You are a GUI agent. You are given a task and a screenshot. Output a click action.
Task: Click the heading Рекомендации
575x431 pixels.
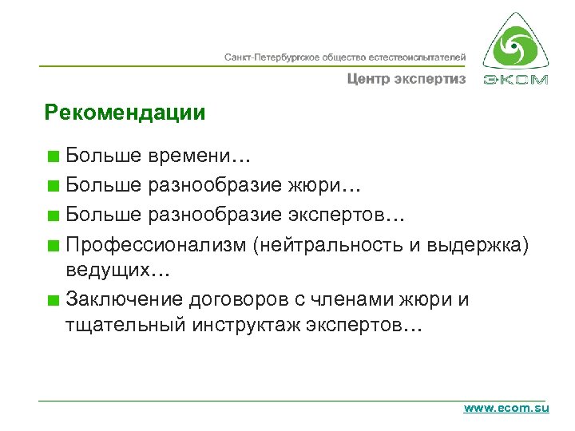(125, 113)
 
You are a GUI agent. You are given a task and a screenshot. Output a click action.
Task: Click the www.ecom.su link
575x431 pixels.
(506, 408)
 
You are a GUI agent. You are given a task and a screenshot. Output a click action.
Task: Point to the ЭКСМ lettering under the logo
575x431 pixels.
(516, 80)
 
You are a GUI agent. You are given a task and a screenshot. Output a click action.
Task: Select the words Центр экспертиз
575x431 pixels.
(406, 79)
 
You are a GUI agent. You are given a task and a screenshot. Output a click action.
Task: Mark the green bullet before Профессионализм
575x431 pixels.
(53, 244)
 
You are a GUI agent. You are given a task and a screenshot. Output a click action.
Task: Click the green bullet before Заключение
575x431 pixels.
(53, 301)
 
